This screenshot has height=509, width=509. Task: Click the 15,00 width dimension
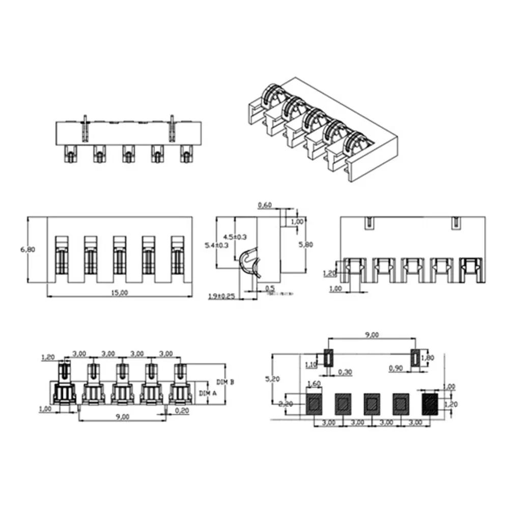[119, 292]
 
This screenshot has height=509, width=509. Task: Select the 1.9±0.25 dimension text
[221, 296]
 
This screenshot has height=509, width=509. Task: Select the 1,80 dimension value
[430, 358]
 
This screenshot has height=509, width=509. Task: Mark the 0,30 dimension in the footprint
[345, 372]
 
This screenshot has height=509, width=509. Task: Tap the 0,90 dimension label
[396, 367]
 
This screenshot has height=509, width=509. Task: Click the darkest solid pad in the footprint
[430, 403]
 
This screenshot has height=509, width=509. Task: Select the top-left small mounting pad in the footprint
[329, 358]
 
